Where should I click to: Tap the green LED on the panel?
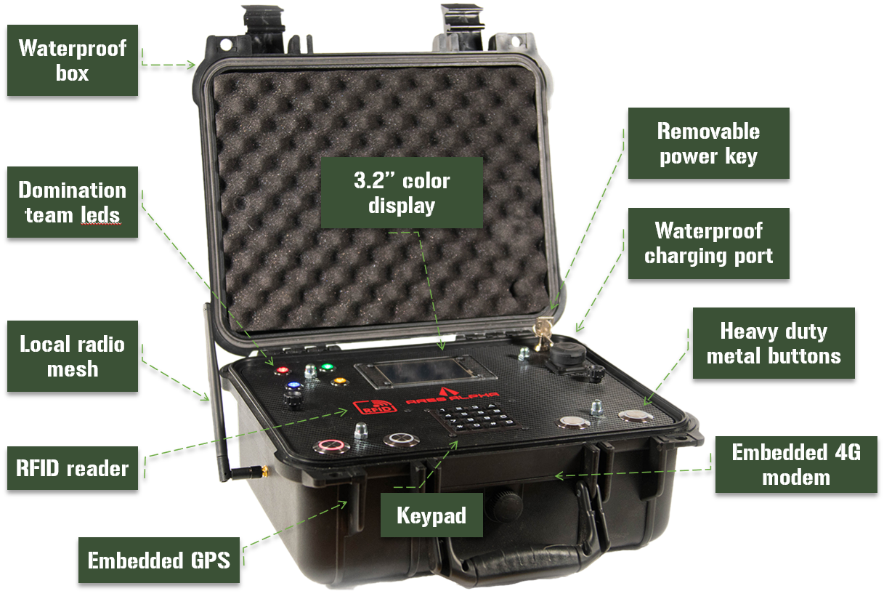(x=327, y=366)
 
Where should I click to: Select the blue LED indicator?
(x=293, y=386)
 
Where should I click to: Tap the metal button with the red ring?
(x=327, y=446)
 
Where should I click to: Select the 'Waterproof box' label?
(x=72, y=60)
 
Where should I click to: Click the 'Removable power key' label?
(x=708, y=143)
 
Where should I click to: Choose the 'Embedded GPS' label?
(x=158, y=560)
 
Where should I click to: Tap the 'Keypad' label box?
(x=431, y=515)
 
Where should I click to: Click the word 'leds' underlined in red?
(x=107, y=216)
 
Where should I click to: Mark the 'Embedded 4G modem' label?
(x=796, y=465)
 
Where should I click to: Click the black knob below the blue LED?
(x=292, y=401)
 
